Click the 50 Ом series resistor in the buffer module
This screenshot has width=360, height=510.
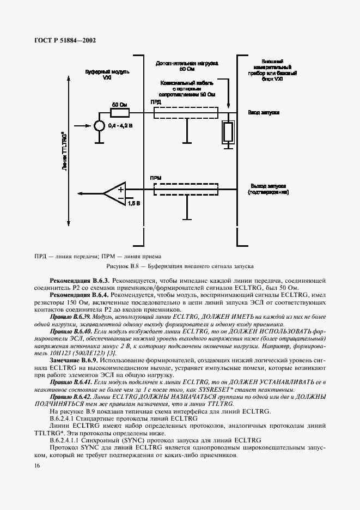120,113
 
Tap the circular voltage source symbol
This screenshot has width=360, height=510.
99,126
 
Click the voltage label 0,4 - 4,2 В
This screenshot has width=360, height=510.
120,126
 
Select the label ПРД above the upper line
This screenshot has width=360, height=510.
156,102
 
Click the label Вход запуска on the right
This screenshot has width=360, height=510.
264,112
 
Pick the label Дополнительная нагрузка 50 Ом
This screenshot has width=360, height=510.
179,66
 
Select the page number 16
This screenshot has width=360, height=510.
37,465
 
